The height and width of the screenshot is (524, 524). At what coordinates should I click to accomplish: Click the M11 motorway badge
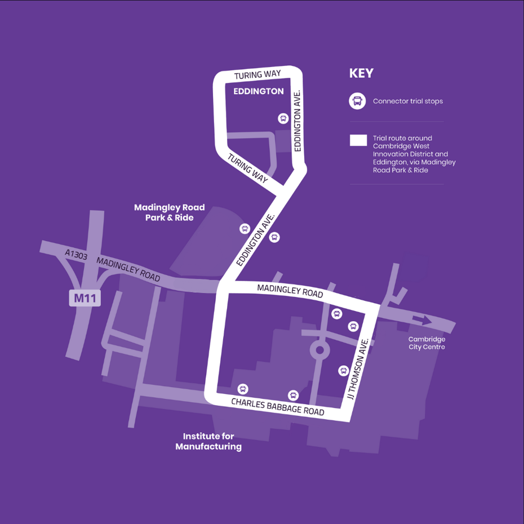[85, 297]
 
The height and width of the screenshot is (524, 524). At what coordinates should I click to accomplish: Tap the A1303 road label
[77, 255]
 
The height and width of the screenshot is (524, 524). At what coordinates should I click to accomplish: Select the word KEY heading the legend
[361, 74]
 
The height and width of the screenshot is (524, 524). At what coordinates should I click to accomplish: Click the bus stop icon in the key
[357, 101]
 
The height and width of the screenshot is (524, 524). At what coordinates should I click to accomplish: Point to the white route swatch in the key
[358, 140]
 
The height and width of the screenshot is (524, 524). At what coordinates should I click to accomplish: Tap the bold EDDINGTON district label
[259, 91]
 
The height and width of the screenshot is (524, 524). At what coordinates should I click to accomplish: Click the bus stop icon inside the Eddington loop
[283, 118]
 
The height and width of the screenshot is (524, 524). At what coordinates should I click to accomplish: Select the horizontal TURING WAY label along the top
[257, 75]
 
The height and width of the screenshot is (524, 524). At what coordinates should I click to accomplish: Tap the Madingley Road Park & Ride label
[169, 212]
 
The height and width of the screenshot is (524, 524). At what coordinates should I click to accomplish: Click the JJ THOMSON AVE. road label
[358, 368]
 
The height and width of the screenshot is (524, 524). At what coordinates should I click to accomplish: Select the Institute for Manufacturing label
[208, 441]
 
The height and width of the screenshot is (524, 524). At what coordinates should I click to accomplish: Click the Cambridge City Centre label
[427, 343]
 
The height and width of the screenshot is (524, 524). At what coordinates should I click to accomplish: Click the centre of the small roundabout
[320, 350]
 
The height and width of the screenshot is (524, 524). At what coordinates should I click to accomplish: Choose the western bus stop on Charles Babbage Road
[243, 389]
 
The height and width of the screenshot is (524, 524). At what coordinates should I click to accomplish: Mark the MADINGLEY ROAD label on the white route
[290, 291]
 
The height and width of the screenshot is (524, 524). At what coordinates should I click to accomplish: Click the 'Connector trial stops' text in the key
[408, 101]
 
